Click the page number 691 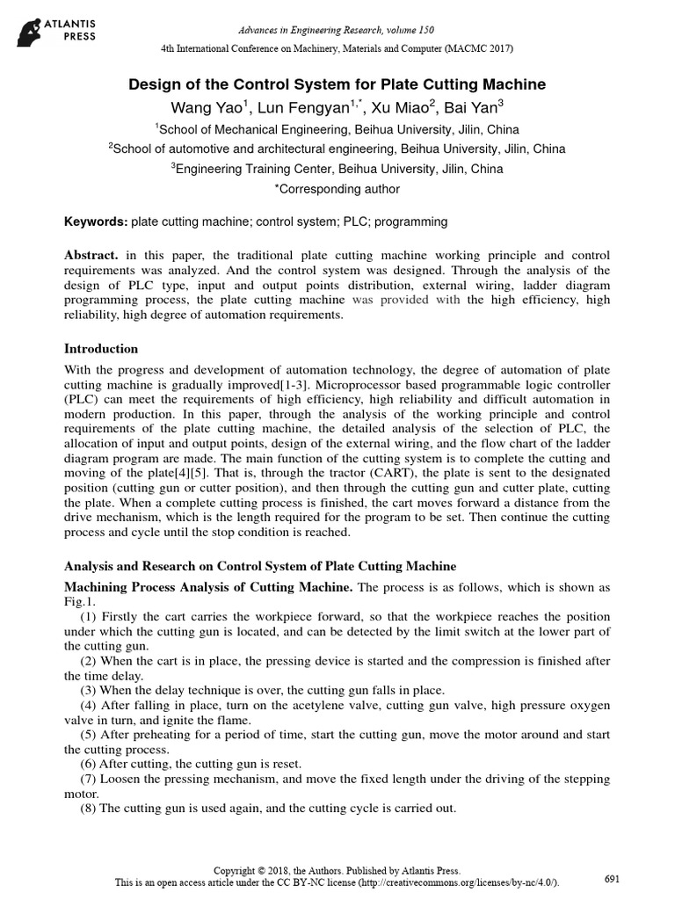click(614, 879)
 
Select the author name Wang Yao click(220, 108)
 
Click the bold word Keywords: click(97, 221)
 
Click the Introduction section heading click(102, 349)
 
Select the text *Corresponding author click(337, 189)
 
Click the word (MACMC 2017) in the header click(476, 47)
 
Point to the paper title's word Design click(151, 84)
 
